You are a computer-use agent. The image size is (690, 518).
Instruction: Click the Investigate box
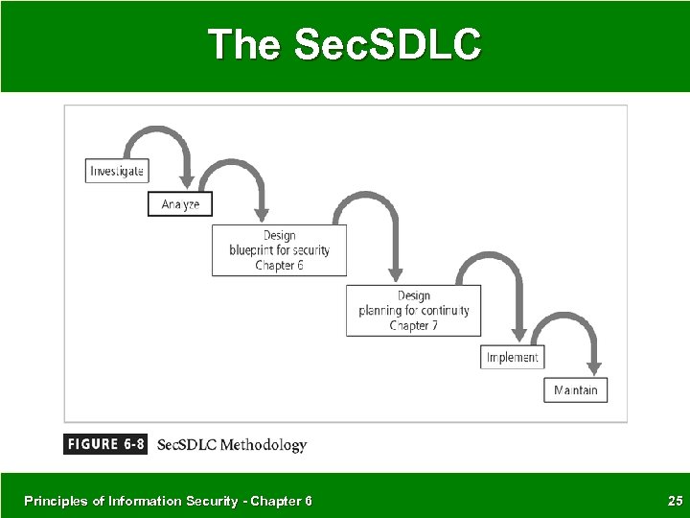tap(116, 171)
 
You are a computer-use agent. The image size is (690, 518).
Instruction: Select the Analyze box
tap(180, 204)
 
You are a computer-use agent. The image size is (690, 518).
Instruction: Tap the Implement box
tap(512, 357)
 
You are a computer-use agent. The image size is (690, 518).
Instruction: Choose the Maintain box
tap(575, 389)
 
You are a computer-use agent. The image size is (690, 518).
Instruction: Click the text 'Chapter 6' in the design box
tap(279, 266)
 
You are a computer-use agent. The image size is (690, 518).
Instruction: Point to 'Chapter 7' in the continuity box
tap(413, 326)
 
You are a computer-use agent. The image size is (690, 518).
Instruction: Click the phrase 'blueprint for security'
tap(279, 250)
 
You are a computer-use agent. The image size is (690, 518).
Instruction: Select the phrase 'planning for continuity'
tap(413, 311)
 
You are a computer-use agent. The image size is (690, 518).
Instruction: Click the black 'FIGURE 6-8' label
tap(105, 444)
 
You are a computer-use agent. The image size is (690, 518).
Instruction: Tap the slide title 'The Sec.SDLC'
tap(345, 44)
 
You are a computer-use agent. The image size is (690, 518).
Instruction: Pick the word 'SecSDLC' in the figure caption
tap(187, 445)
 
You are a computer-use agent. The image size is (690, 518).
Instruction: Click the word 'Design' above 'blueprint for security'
tap(279, 235)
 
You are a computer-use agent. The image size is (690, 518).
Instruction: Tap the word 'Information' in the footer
tap(132, 500)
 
